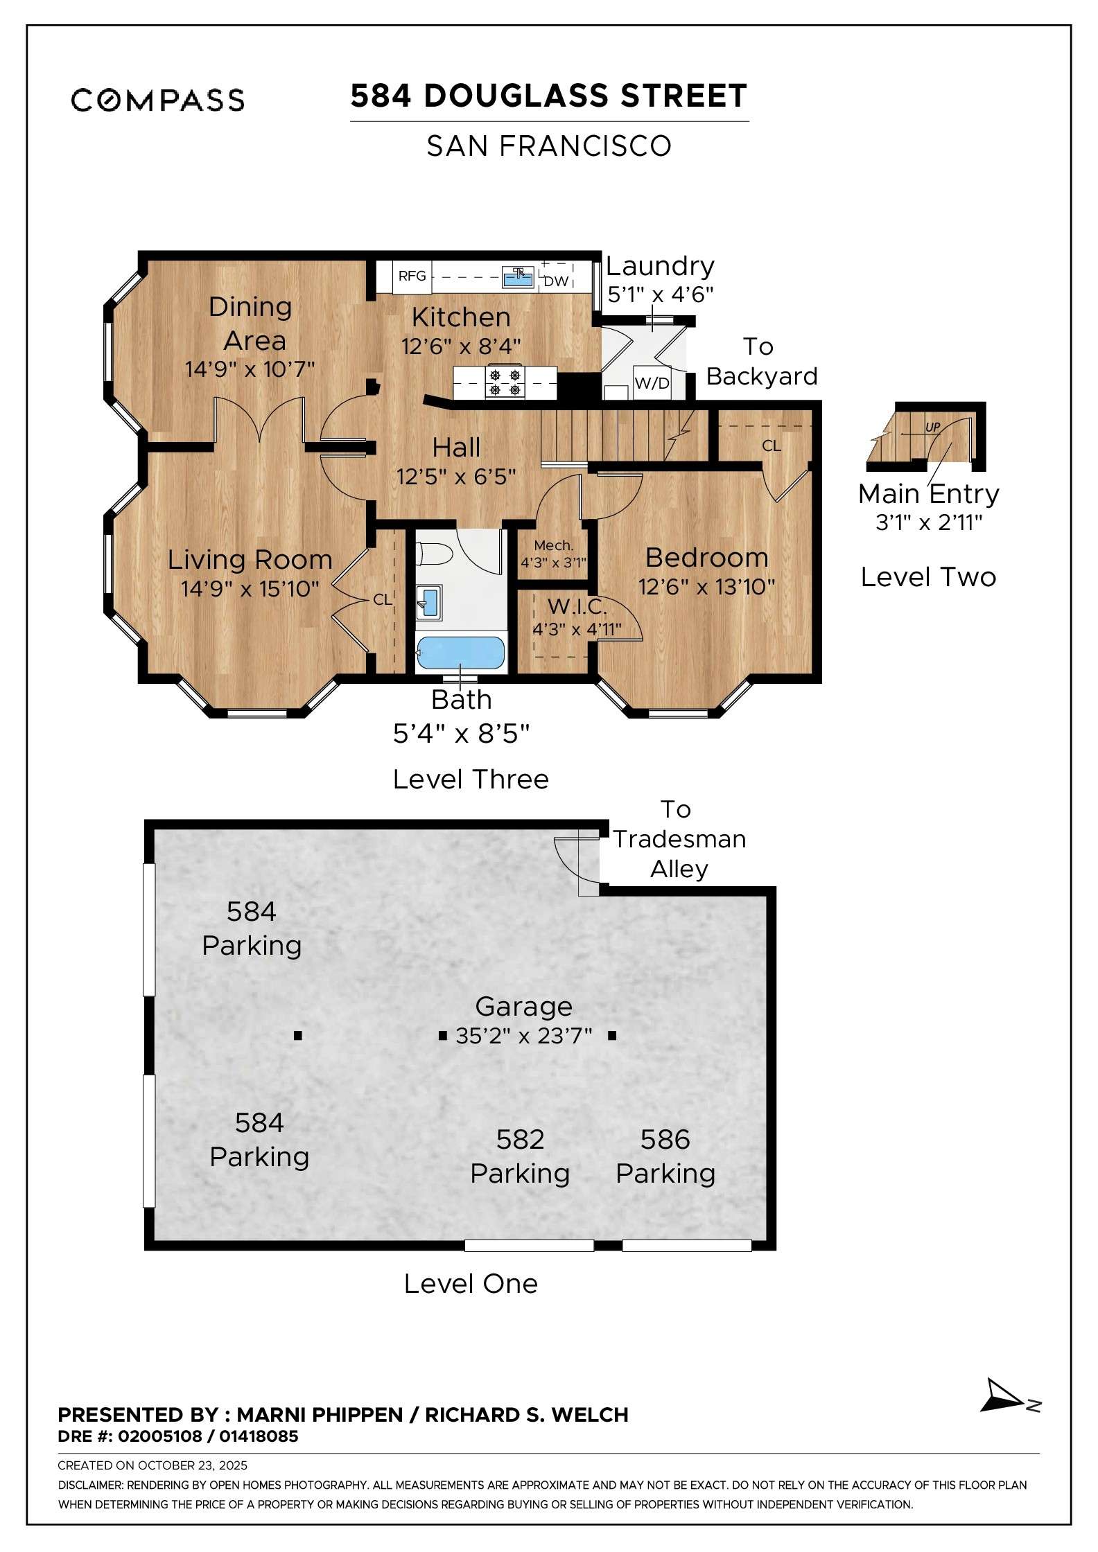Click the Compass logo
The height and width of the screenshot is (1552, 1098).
157,100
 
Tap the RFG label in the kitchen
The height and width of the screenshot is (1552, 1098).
412,276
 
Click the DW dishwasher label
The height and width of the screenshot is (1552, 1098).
555,281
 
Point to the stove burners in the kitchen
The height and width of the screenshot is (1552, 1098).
505,382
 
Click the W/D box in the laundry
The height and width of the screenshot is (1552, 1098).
652,383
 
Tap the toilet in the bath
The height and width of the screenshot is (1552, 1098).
435,555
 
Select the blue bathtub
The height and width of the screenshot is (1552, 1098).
460,653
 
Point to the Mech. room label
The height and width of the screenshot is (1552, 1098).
553,546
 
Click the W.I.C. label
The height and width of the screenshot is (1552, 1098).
577,607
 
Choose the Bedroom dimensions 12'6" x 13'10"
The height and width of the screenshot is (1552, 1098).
706,588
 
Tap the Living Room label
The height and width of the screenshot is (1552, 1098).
250,560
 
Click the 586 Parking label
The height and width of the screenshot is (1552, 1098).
665,1156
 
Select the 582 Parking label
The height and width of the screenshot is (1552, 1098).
520,1156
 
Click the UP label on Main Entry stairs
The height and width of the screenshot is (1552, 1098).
932,427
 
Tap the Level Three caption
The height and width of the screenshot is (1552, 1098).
470,779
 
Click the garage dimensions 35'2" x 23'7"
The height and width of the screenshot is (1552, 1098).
523,1036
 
